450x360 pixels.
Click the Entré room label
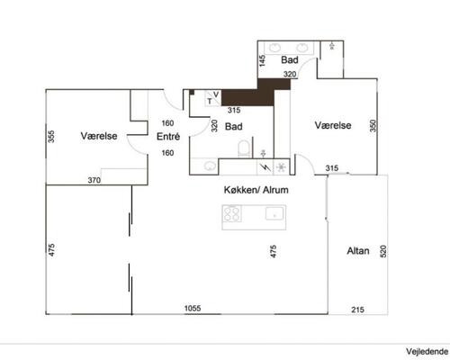pyautogui.click(x=168, y=137)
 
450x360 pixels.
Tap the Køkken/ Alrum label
pyautogui.click(x=256, y=190)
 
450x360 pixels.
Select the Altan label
pyautogui.click(x=358, y=251)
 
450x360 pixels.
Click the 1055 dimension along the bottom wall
pyautogui.click(x=193, y=308)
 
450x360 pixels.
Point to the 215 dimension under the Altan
pyautogui.click(x=357, y=310)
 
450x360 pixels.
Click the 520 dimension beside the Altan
pyautogui.click(x=383, y=251)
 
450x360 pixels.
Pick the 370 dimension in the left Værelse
pyautogui.click(x=94, y=180)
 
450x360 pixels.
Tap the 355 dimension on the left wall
pyautogui.click(x=51, y=137)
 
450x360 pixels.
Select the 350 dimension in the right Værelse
pyautogui.click(x=373, y=126)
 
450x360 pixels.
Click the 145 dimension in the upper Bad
pyautogui.click(x=262, y=60)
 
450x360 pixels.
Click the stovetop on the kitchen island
pyautogui.click(x=232, y=213)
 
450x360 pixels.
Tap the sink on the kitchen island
pyautogui.click(x=274, y=213)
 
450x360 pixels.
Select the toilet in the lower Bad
pyautogui.click(x=244, y=149)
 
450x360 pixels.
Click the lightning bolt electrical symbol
pyautogui.click(x=265, y=167)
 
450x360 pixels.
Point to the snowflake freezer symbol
pyautogui.click(x=282, y=167)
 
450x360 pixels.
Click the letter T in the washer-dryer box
pyautogui.click(x=210, y=102)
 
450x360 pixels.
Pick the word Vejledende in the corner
pyautogui.click(x=427, y=351)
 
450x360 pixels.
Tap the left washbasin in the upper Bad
pyautogui.click(x=274, y=48)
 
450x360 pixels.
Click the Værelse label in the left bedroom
pyautogui.click(x=99, y=136)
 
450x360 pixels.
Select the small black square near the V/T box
pyautogui.click(x=192, y=92)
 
